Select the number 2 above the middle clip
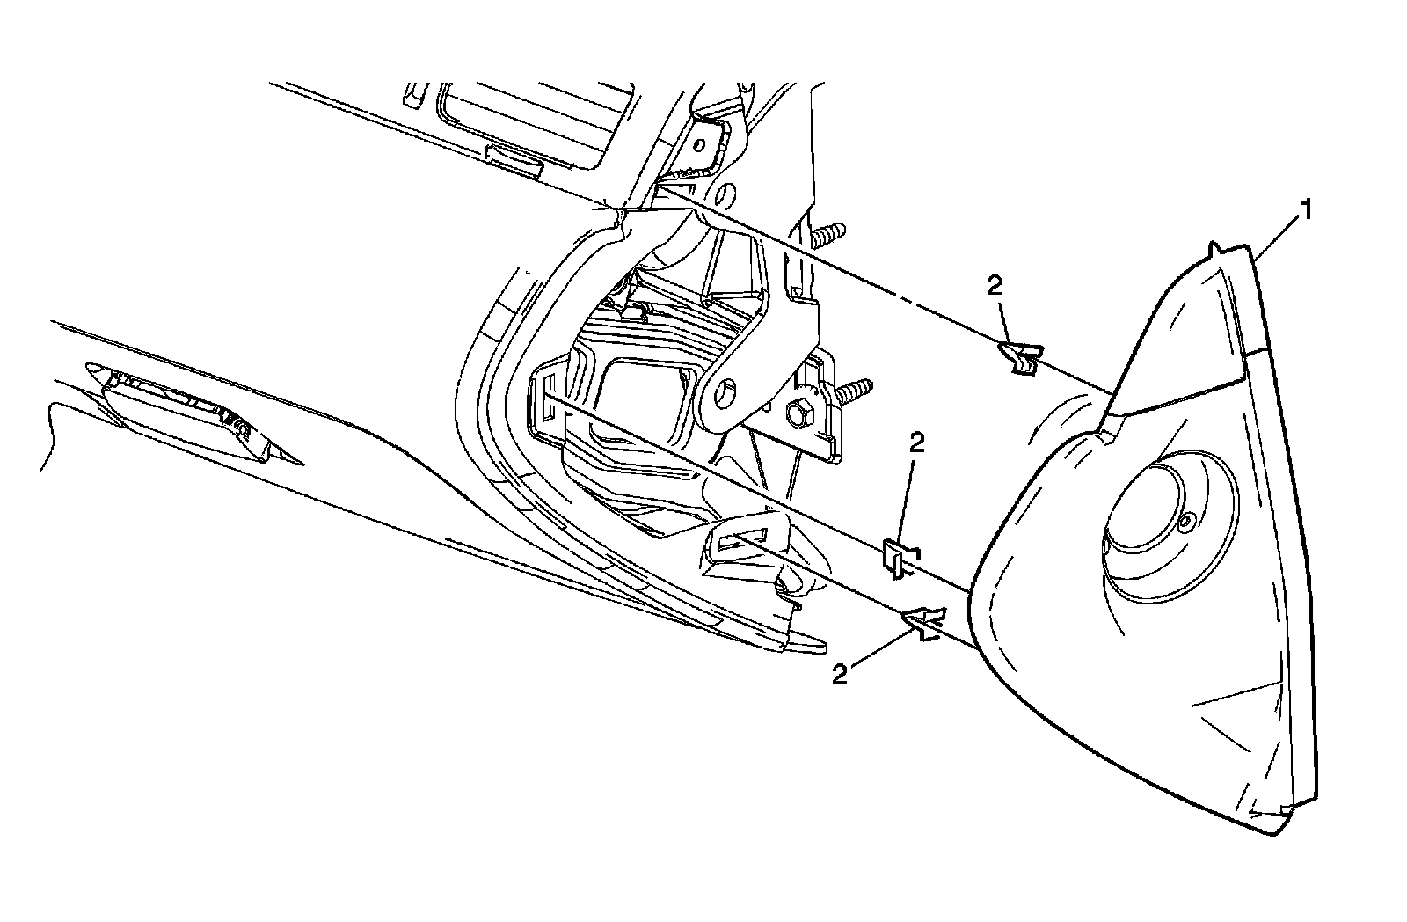click(917, 443)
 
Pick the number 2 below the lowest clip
click(841, 675)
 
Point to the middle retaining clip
click(897, 559)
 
